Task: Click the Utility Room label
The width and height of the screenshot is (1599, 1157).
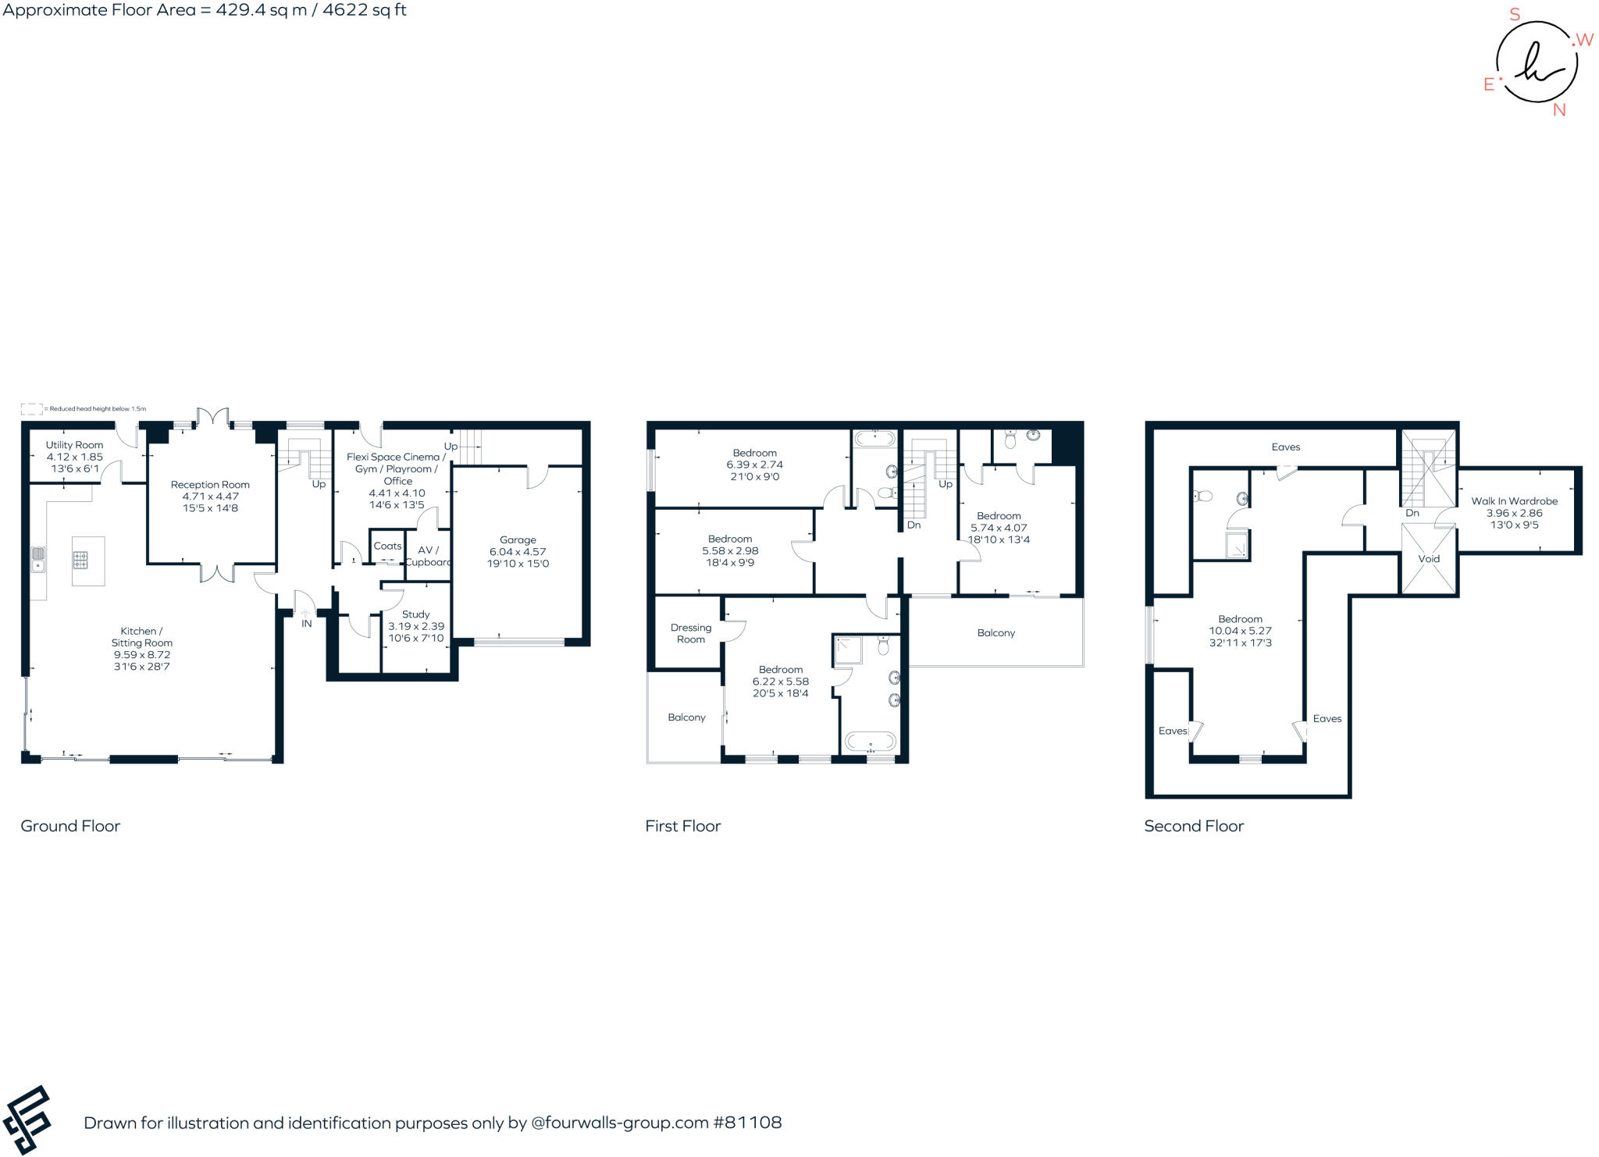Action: [74, 445]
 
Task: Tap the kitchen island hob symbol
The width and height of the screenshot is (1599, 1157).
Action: [81, 559]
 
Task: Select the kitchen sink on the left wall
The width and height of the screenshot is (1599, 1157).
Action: [37, 559]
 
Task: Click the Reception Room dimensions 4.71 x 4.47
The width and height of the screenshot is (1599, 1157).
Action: [210, 497]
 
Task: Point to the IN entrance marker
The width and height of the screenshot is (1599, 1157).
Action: [307, 623]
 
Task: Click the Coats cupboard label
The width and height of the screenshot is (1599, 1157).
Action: [387, 546]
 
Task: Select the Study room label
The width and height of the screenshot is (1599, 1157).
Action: [415, 614]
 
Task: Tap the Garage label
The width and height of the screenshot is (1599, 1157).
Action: [518, 539]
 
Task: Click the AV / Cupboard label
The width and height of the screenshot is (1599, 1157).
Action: [428, 556]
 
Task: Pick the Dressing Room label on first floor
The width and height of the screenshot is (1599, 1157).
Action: [690, 633]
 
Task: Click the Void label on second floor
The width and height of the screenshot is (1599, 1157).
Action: [1429, 559]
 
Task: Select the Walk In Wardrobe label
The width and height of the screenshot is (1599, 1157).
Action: [1514, 501]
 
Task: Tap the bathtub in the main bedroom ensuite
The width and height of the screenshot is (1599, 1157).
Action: [871, 741]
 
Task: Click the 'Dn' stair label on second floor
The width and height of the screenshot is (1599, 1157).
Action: [1412, 513]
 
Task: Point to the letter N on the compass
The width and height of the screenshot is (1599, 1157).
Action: [1559, 110]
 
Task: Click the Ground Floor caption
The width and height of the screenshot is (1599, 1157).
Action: [70, 826]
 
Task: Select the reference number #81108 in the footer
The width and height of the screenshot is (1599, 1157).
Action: [747, 1123]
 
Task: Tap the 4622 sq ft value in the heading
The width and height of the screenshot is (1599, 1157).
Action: [365, 10]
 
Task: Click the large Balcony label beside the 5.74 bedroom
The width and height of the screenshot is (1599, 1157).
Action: [995, 633]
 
